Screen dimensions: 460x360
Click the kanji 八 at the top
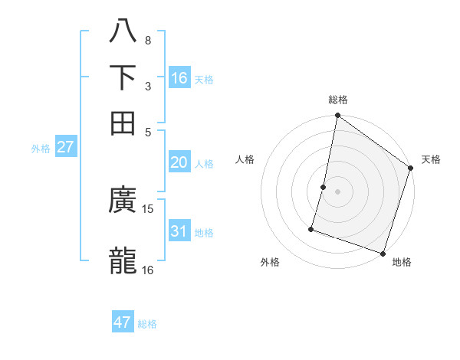pos(123,31)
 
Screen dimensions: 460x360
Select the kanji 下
pos(123,77)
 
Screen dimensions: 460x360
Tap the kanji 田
pos(123,122)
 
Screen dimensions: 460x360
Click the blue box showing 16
pos(179,78)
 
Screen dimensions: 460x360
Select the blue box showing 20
pos(179,162)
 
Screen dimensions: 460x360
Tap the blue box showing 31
pos(179,231)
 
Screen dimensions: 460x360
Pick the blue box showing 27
pos(65,147)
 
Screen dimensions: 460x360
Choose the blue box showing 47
pos(123,322)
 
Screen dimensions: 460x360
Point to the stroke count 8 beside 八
pos(147,40)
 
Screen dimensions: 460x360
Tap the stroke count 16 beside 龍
pos(148,269)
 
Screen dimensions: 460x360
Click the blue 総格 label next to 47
pos(147,324)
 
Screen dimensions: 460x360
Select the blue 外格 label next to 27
pos(41,149)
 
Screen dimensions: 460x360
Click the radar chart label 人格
pos(245,159)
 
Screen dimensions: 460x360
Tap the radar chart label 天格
pos(431,159)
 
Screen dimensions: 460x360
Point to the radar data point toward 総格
pos(337,116)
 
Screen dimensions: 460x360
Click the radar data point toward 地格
pos(383,252)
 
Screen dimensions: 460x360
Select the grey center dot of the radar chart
pos(337,190)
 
